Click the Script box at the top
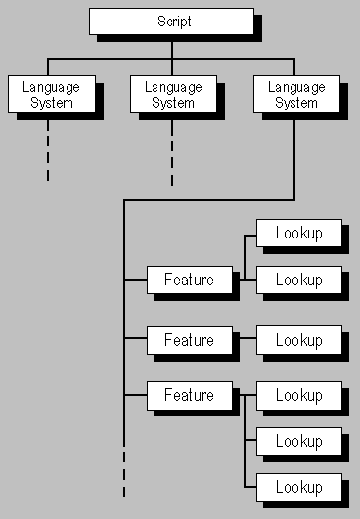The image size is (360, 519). click(170, 21)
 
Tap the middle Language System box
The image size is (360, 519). click(173, 94)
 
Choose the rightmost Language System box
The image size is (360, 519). click(295, 94)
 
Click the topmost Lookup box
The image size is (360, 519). click(298, 233)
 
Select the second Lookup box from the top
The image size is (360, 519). click(298, 280)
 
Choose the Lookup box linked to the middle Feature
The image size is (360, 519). click(298, 340)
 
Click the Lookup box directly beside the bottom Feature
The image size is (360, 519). click(298, 395)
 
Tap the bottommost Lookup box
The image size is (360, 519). click(298, 487)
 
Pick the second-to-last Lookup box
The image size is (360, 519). click(298, 441)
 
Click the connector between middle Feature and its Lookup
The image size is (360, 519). click(247, 340)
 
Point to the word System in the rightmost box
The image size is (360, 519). click(295, 102)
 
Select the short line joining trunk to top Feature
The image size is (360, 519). click(135, 280)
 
